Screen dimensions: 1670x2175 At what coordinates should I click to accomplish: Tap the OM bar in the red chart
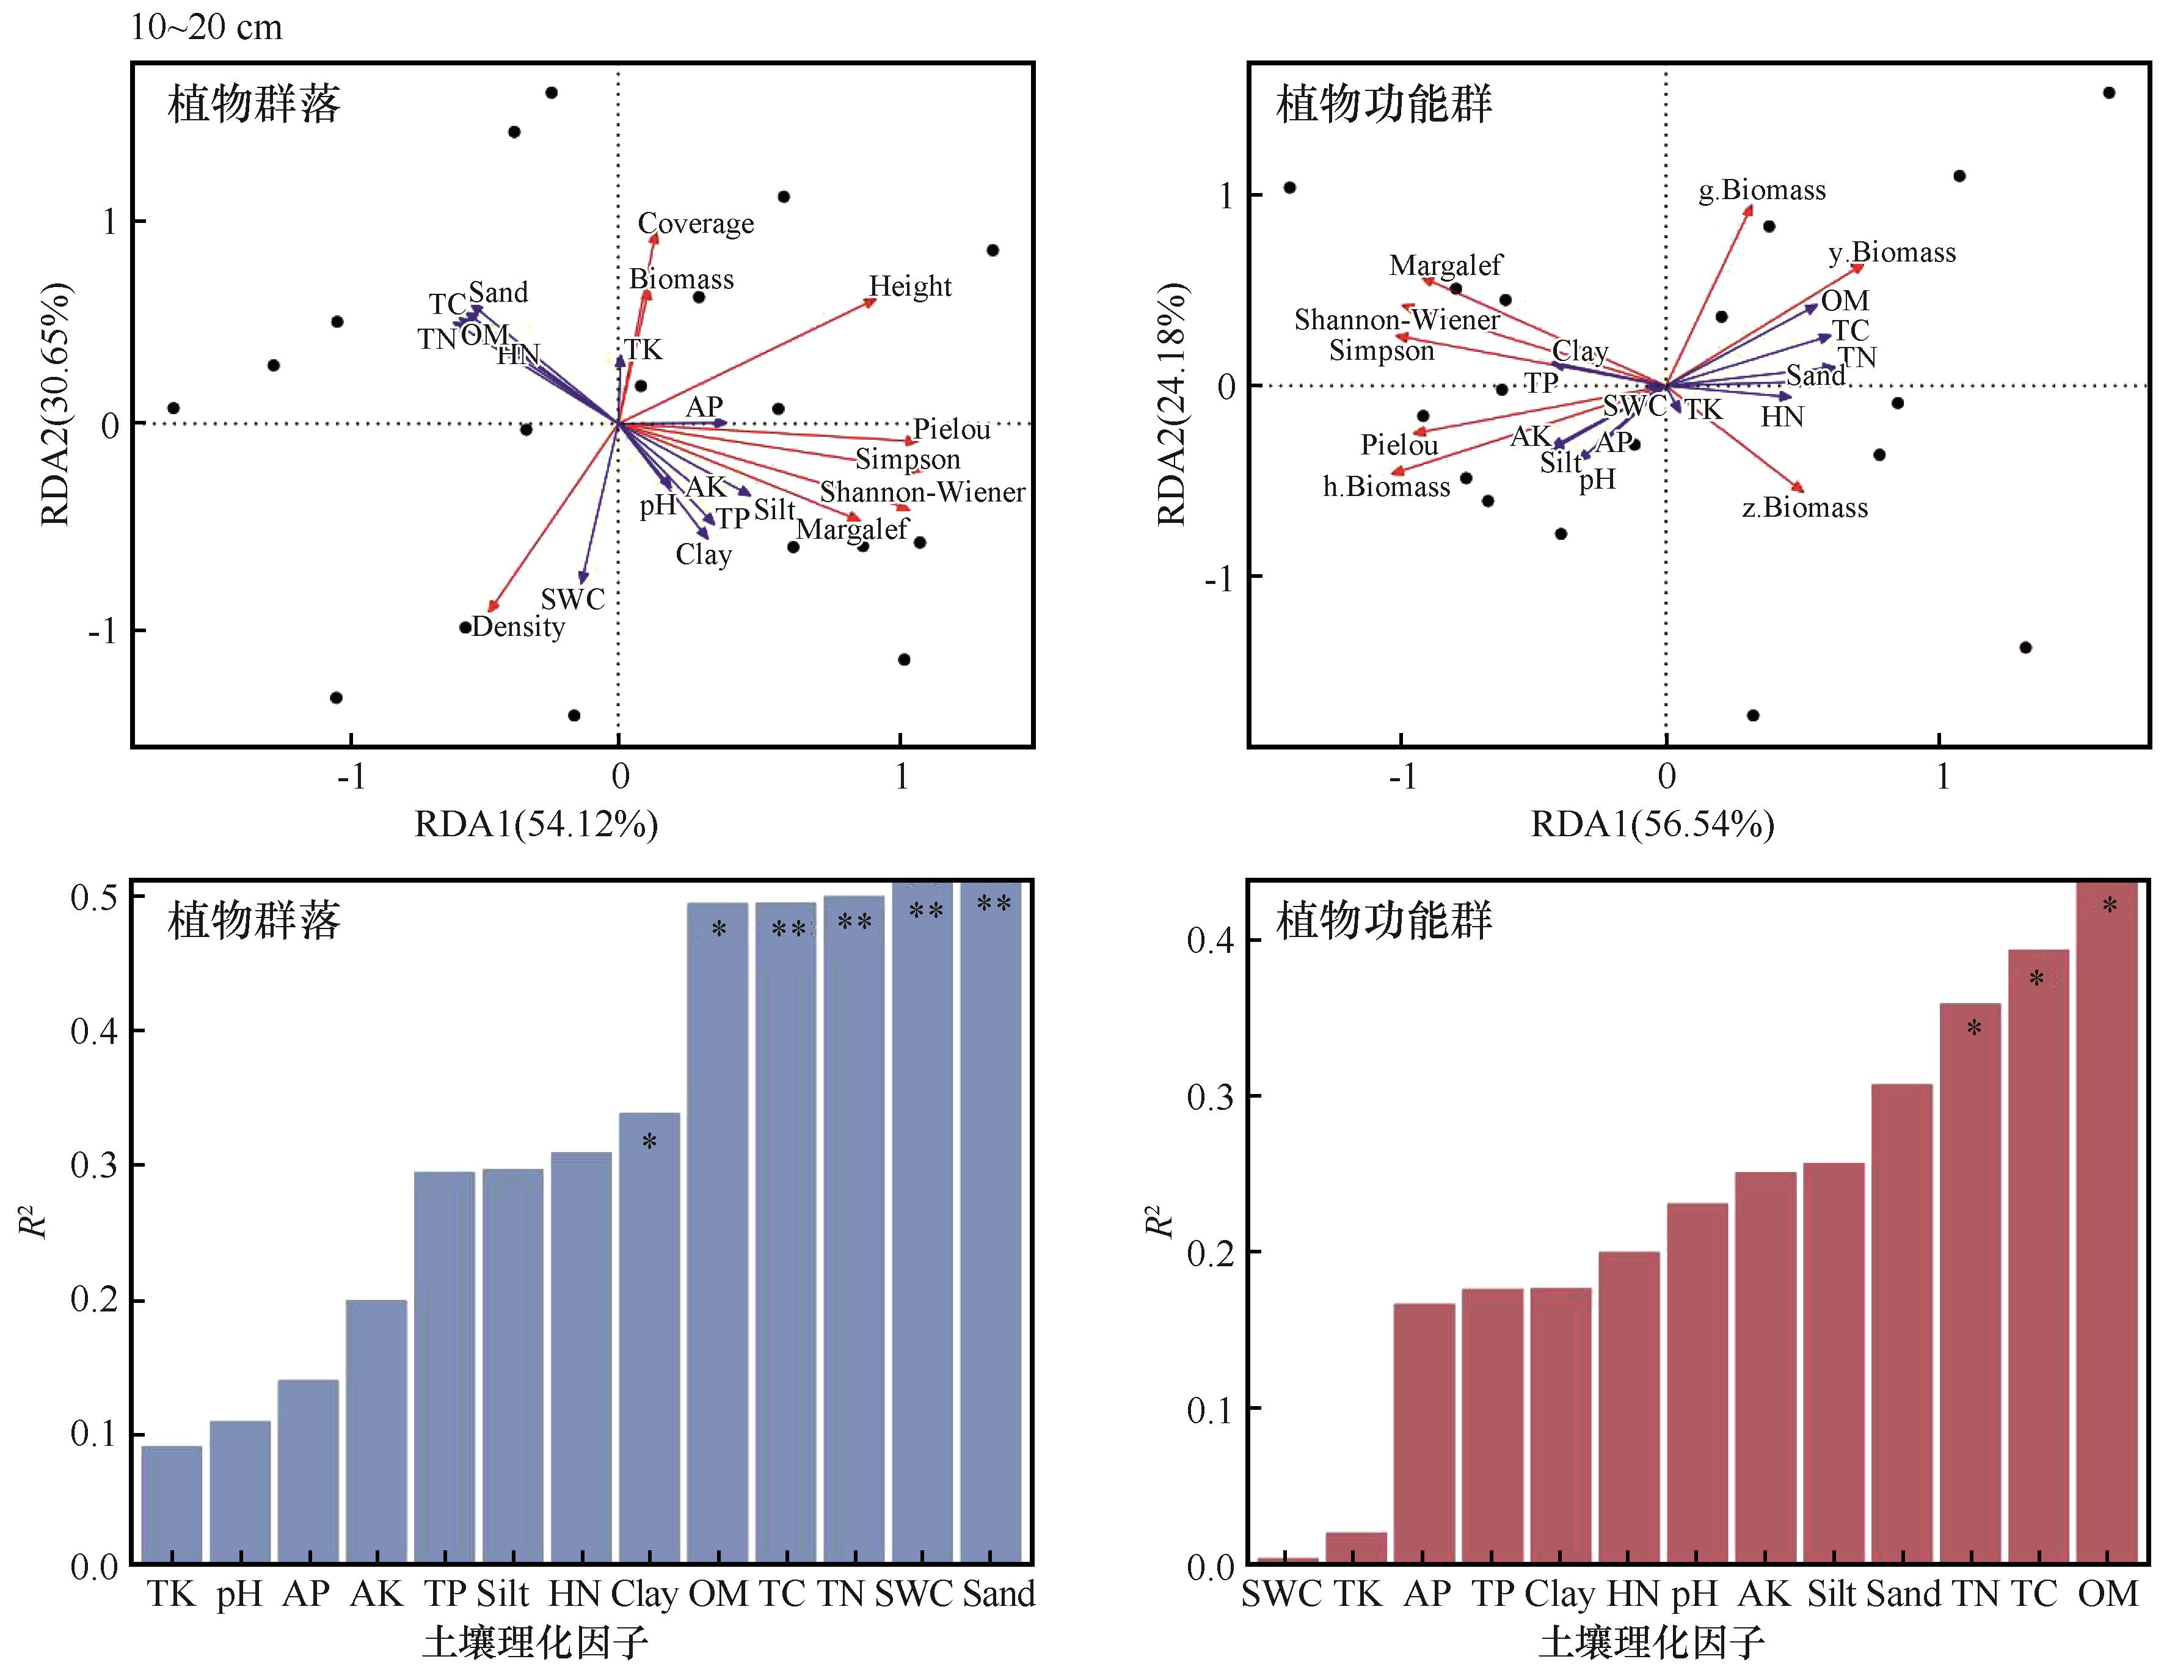(2107, 1223)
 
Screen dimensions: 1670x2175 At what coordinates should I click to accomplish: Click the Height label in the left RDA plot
(909, 286)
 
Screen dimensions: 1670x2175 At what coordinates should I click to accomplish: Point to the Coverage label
(695, 224)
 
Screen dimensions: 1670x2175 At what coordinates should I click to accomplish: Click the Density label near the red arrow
(518, 627)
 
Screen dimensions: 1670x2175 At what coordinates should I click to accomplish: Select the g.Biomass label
(1761, 190)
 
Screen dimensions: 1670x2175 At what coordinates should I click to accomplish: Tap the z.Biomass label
(1804, 508)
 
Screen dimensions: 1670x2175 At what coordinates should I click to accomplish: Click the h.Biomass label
(1386, 487)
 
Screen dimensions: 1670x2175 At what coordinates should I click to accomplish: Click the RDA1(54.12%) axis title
(536, 824)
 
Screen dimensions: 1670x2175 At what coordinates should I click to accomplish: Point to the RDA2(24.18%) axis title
(1172, 404)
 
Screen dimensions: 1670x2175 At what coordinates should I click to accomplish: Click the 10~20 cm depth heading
(206, 27)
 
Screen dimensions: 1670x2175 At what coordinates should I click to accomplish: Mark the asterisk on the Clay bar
(649, 1142)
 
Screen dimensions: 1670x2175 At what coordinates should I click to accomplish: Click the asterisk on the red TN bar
(1973, 1029)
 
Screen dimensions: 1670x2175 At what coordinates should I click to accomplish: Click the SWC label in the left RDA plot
(572, 599)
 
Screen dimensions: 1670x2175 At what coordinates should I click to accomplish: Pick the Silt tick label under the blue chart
(503, 1594)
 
